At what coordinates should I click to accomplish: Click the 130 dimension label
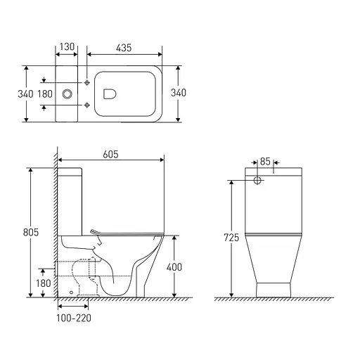pos(67,47)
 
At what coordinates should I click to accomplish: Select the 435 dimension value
pos(124,48)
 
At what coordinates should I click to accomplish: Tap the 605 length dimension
pos(110,155)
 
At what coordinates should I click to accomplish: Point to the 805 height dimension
pos(31,232)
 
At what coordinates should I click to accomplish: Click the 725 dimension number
pos(231,238)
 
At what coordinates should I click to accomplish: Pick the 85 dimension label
pos(265,162)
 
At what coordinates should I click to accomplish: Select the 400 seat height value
pos(174,267)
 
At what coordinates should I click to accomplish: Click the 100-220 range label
pos(74,318)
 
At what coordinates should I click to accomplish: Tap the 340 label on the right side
pos(179,93)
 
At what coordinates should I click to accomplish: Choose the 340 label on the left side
pos(25,94)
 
